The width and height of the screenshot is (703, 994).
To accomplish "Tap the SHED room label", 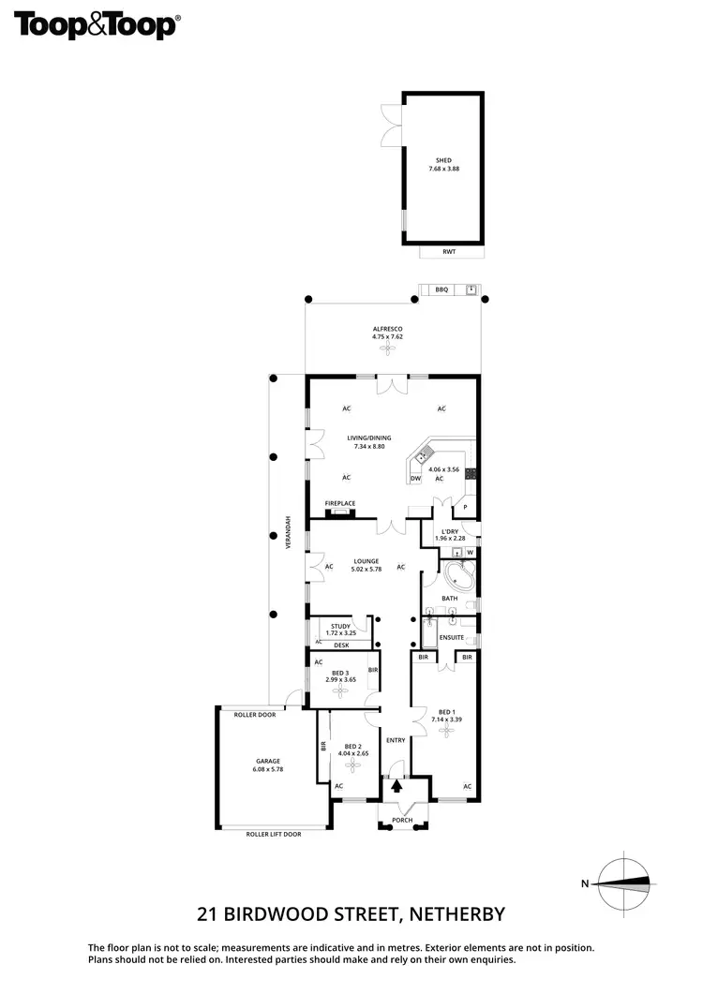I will pyautogui.click(x=443, y=161).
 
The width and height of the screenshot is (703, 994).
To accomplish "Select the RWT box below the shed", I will pyautogui.click(x=451, y=252).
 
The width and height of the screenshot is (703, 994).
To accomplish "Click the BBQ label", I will pyautogui.click(x=441, y=290).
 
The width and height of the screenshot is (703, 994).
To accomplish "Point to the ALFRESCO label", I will pyautogui.click(x=387, y=329).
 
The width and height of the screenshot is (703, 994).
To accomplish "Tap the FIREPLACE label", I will pyautogui.click(x=340, y=503).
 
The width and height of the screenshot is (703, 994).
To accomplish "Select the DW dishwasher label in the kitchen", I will pyautogui.click(x=415, y=479).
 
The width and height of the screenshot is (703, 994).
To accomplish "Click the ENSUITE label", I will pyautogui.click(x=452, y=638).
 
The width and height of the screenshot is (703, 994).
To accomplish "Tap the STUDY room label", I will pyautogui.click(x=339, y=627).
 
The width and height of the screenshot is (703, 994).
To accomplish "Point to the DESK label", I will pyautogui.click(x=340, y=645).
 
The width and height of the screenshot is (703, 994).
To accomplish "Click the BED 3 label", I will pyautogui.click(x=340, y=673).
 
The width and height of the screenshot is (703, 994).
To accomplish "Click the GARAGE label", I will pyautogui.click(x=267, y=761).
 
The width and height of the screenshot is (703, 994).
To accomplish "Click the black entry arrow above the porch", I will pyautogui.click(x=395, y=788).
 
